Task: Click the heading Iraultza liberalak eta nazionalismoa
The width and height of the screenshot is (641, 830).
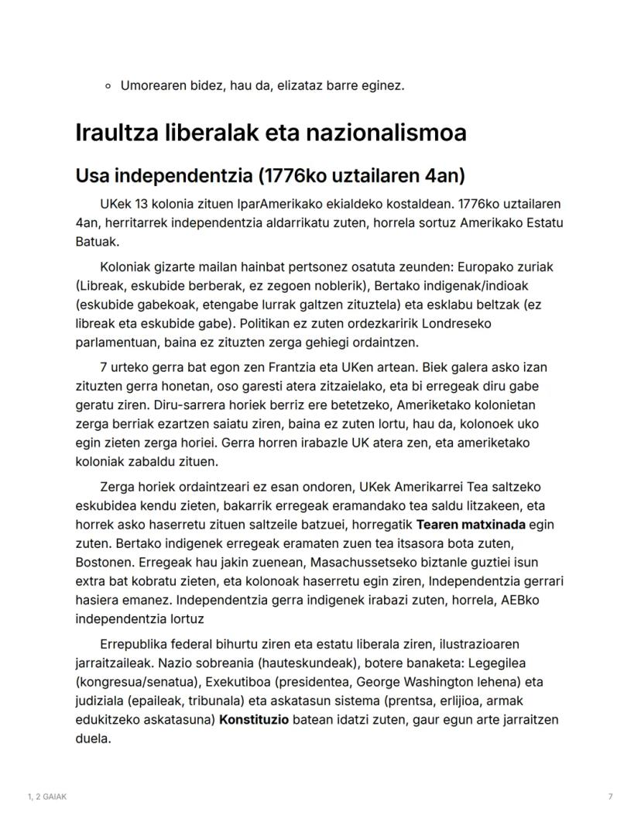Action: tap(270, 133)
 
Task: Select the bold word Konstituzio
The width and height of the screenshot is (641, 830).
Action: tap(254, 720)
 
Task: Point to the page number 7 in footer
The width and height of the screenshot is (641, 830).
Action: tap(610, 797)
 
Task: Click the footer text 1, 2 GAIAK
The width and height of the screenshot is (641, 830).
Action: tap(46, 797)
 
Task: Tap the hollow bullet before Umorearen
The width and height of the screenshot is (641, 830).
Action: tap(109, 86)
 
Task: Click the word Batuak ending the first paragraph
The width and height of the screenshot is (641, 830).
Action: tap(96, 241)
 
